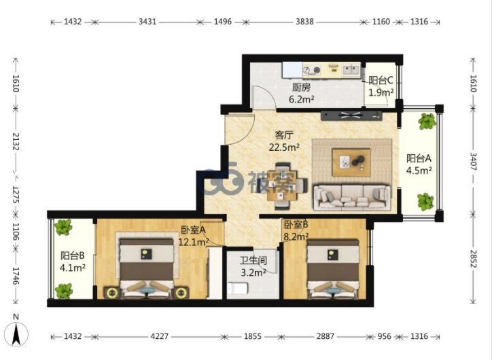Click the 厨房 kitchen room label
pos(301,88)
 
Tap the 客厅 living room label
pos(284,135)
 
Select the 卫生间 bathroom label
pos(253,261)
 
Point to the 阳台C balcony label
pos(381,80)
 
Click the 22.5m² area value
pos(284,147)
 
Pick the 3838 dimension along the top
pos(304,22)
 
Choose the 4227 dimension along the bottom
pos(160,336)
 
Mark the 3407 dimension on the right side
pos(474,162)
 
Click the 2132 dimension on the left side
pos(16,141)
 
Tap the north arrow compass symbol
pos(16,333)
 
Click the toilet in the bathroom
pos(238,289)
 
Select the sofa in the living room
pos(353,198)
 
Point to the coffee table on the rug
pos(351,163)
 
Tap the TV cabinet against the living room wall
pos(351,115)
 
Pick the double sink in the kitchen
pos(351,69)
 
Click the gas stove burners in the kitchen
pos(312,69)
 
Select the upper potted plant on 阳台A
pos(427,122)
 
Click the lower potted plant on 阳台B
pos(64,291)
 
